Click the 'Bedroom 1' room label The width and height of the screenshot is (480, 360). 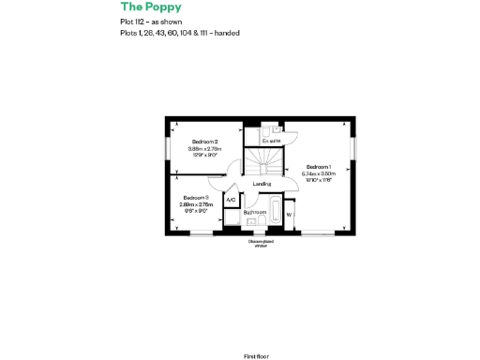(x=319, y=166)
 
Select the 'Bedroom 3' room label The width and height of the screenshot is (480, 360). (x=196, y=197)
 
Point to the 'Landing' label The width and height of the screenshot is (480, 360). (x=262, y=184)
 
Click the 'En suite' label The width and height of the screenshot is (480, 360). (x=271, y=141)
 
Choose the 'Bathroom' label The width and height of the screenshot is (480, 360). (x=255, y=213)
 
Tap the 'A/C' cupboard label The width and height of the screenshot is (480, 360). (x=231, y=200)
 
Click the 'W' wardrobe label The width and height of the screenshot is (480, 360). (x=288, y=215)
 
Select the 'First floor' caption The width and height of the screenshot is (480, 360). (x=256, y=330)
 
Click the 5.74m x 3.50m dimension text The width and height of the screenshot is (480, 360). (x=319, y=173)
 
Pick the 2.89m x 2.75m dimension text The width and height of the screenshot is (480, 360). (x=196, y=203)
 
